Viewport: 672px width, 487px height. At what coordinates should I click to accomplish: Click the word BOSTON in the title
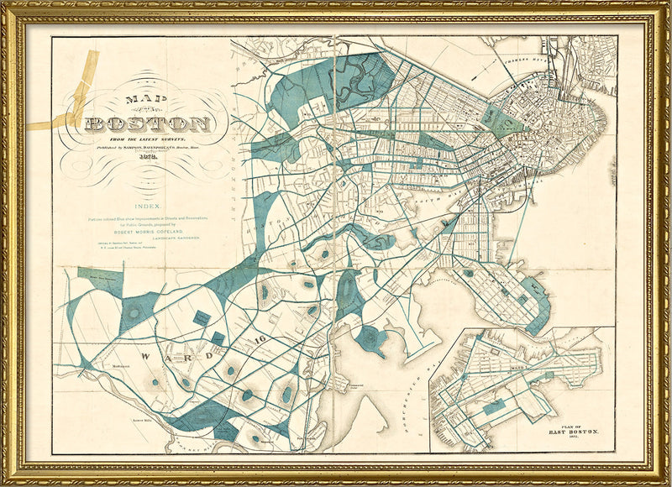click(x=147, y=124)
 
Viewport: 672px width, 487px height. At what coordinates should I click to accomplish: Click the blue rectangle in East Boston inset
click(x=496, y=406)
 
